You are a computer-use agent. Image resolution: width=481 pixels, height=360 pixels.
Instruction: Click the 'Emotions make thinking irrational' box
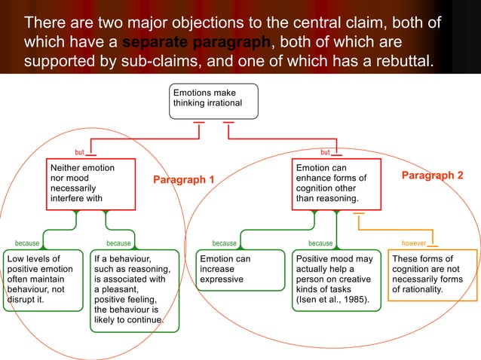click(214, 100)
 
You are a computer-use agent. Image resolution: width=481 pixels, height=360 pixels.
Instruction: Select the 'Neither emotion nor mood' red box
click(90, 183)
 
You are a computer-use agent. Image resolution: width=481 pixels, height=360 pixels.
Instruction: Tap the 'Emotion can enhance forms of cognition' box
click(335, 183)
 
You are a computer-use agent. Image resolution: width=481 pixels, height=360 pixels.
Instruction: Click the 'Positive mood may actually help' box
click(335, 279)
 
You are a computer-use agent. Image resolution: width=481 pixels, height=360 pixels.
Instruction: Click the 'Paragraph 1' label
click(184, 180)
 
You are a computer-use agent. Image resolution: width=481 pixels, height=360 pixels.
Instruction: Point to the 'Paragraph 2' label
click(432, 175)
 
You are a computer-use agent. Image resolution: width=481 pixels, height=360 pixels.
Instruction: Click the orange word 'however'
click(414, 243)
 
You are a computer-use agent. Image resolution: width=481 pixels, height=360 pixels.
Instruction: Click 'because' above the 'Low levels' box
click(27, 243)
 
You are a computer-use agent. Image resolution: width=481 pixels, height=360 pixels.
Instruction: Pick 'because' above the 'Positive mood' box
click(320, 243)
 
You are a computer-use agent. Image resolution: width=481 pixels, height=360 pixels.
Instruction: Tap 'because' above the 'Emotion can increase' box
click(224, 243)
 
